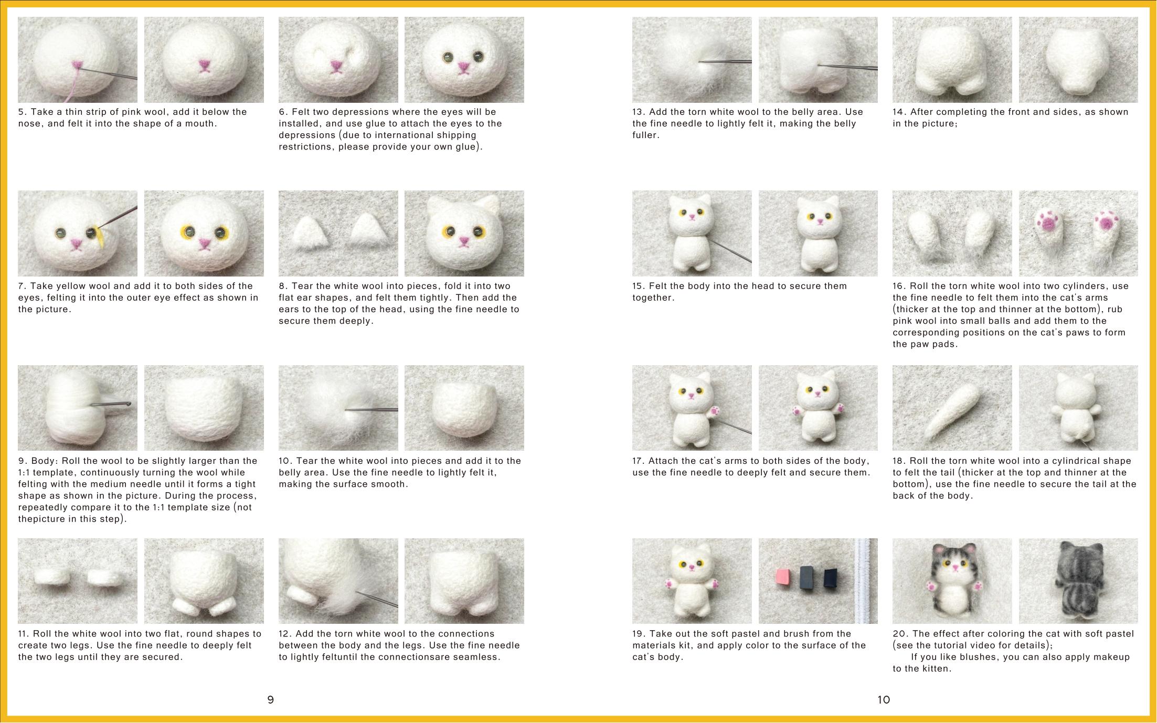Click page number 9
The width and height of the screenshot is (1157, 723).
pos(271,699)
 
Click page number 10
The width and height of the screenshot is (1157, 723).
pos(884,699)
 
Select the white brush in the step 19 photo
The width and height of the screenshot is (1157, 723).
pos(864,581)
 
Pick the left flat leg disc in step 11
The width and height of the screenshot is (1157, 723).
pos(52,577)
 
